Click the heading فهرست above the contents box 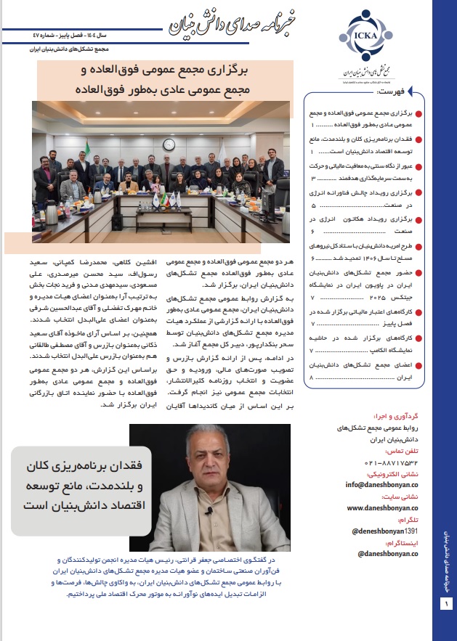[388, 94]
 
